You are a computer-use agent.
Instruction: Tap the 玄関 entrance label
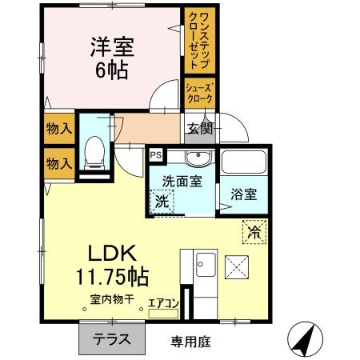(200, 128)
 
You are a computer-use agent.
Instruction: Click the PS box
(155, 155)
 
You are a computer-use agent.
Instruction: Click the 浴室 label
(244, 193)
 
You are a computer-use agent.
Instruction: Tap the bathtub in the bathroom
(245, 162)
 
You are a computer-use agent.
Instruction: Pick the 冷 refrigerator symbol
(254, 233)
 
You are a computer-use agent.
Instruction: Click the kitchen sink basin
(203, 261)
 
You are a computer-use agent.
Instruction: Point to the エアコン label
(163, 303)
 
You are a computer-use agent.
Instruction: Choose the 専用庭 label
(190, 342)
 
